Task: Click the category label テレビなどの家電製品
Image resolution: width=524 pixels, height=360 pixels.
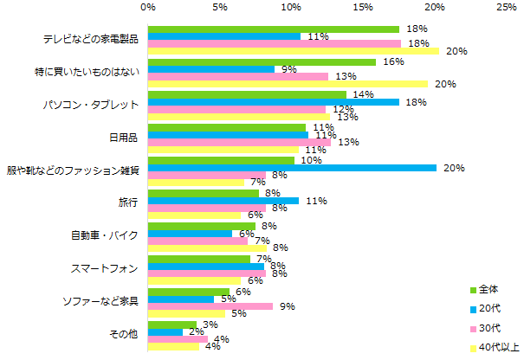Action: pos(90,40)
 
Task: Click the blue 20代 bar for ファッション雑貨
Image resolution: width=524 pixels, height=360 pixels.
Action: pos(292,168)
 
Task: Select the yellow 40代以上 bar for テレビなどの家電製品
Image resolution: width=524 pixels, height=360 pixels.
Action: pos(294,51)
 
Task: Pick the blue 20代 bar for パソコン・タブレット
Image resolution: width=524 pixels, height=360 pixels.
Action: pos(274,102)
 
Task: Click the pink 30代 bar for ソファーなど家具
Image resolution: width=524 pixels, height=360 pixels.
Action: pos(210,306)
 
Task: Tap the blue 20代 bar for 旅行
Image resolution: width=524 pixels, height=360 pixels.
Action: pos(223,201)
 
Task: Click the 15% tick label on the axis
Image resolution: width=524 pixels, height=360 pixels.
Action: pos(363,7)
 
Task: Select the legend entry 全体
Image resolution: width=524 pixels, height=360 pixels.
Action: pos(487,289)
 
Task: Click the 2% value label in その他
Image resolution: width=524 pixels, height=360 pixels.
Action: pos(196,331)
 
